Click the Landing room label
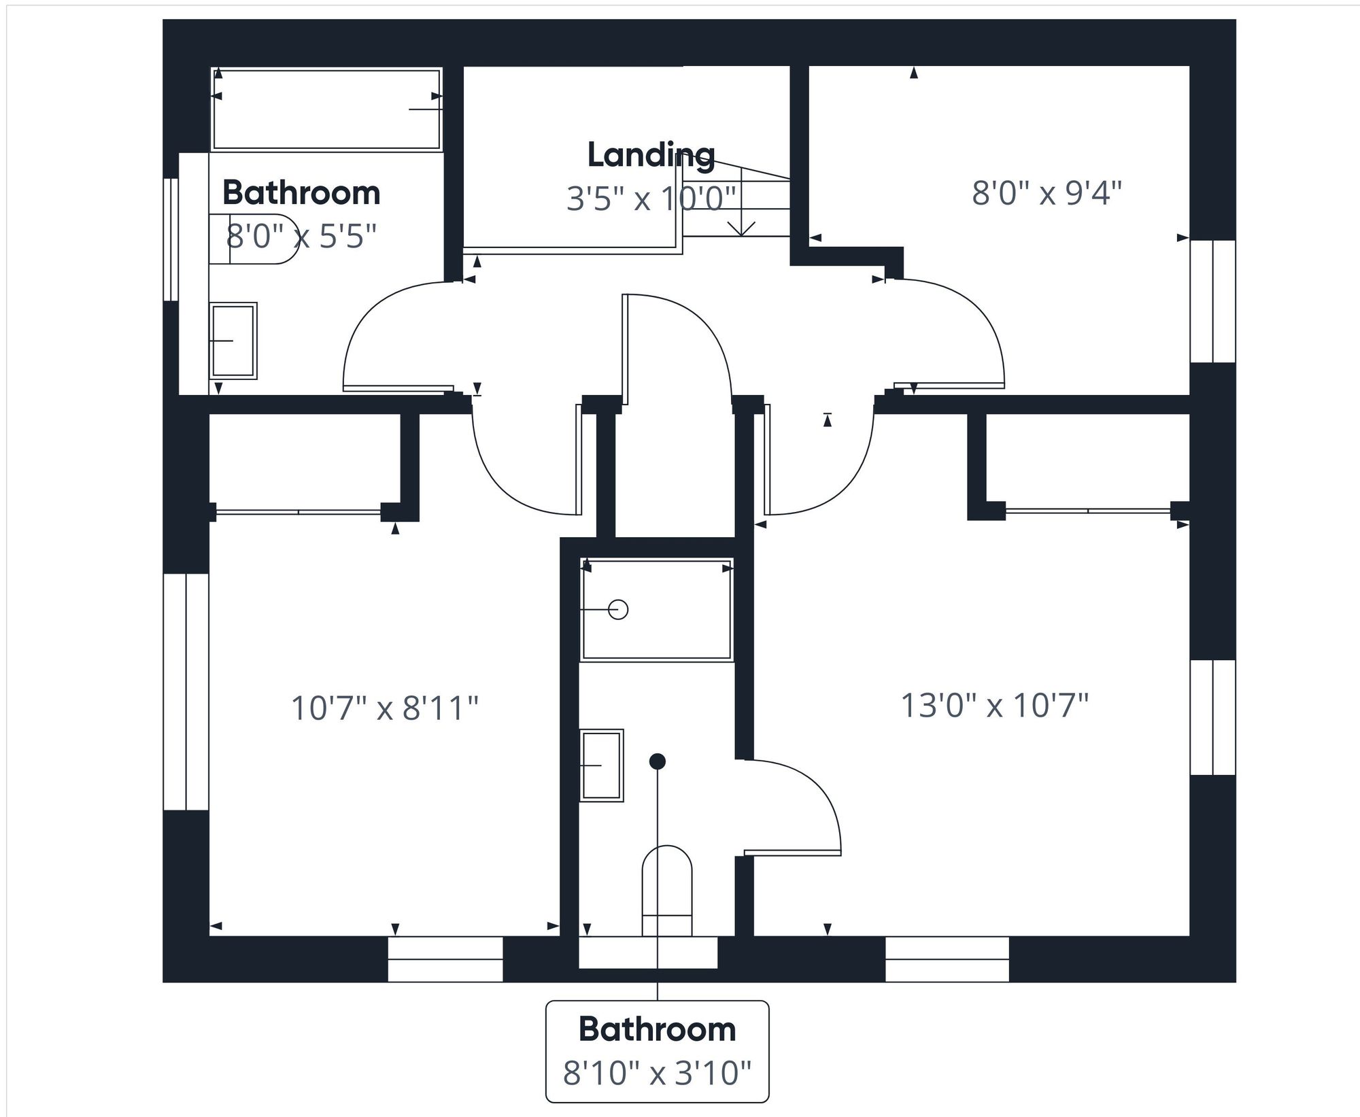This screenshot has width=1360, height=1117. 651,156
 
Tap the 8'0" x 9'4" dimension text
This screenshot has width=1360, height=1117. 1046,194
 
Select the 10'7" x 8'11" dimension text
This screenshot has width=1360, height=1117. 385,708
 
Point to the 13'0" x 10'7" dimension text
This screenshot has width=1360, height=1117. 994,705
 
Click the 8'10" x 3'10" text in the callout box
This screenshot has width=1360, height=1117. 657,1074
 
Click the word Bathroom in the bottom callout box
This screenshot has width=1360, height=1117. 657,1030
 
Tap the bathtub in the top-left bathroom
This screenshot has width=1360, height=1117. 326,109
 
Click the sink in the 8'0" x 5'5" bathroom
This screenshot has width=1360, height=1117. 233,340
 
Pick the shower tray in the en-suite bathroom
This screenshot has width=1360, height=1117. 657,609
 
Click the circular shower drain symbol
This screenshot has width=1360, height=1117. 618,609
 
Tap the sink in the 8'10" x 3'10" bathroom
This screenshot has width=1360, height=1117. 602,766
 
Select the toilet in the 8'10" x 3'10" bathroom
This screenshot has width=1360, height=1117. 667,891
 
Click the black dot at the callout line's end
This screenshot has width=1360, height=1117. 657,761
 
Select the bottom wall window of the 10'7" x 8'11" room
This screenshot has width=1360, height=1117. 445,959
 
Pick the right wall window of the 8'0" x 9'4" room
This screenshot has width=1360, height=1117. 1212,301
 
